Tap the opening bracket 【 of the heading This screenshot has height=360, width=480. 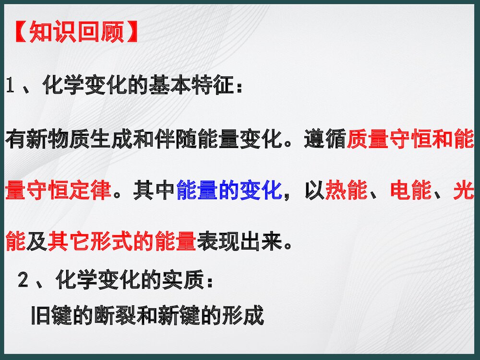(x=19, y=32)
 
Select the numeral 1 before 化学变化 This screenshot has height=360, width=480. (x=12, y=86)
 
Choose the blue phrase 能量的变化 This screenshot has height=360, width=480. (x=228, y=191)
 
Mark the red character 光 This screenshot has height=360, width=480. (x=464, y=191)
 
